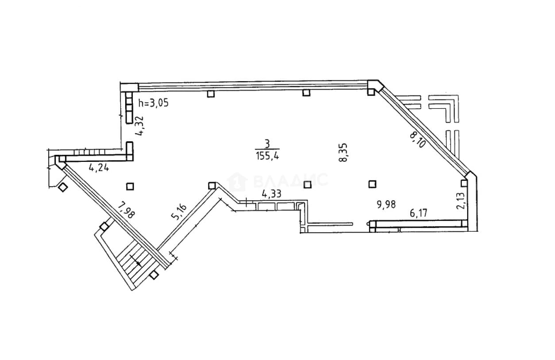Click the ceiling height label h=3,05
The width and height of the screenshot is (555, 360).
tap(154, 103)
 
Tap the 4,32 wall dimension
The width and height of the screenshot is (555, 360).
tap(139, 126)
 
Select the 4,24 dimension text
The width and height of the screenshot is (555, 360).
tap(99, 168)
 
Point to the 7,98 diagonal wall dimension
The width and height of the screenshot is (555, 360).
tap(127, 210)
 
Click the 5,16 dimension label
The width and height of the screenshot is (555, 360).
tap(179, 212)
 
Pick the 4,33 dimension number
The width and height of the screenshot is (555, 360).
tap(272, 194)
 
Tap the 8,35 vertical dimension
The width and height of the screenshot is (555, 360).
tap(343, 153)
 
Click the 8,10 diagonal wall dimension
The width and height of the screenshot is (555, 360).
tap(418, 140)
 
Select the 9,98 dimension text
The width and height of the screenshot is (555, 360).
tap(386, 204)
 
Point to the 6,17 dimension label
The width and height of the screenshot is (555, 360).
tap(419, 213)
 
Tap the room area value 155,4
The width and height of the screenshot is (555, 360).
tap(268, 156)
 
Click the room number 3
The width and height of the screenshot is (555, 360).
tap(267, 144)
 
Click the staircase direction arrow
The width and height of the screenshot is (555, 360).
tap(136, 261)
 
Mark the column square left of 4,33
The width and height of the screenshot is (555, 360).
tap(212, 185)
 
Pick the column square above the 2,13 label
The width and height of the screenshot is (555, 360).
tap(464, 184)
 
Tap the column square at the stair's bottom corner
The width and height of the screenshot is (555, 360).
tap(154, 274)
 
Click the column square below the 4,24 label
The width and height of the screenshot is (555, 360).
tap(130, 187)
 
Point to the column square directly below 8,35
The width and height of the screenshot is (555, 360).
tap(308, 185)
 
